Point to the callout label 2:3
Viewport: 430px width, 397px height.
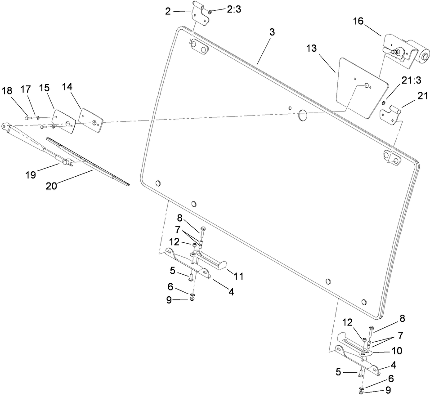[233, 9]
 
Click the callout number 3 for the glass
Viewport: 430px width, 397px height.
[273, 32]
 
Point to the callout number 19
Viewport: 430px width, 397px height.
[30, 175]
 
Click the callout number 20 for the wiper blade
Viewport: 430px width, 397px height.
[51, 185]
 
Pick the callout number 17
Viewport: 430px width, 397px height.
[26, 89]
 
